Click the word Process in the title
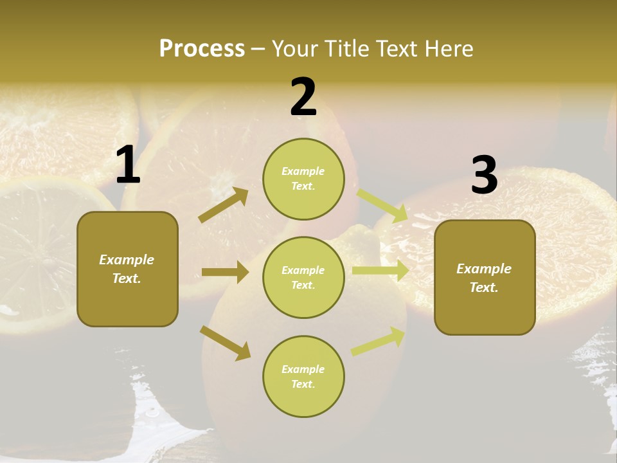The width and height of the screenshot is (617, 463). click(202, 48)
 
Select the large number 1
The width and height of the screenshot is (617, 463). click(128, 165)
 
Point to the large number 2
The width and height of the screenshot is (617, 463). click(303, 97)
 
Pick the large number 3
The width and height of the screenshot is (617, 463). click(484, 176)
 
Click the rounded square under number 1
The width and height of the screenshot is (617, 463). click(127, 269)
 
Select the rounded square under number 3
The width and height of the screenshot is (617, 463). click(485, 277)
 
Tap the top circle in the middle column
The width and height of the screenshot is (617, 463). click(303, 179)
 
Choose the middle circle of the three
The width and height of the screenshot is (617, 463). click(303, 277)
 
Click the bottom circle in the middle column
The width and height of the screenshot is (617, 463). click(303, 376)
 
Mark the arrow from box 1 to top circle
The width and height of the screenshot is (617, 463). click(223, 205)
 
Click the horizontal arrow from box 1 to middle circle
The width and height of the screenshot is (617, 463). click(225, 272)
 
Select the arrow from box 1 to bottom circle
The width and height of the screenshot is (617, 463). click(225, 342)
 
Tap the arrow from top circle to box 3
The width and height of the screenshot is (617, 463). click(382, 206)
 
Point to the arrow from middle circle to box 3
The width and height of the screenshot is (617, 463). click(380, 270)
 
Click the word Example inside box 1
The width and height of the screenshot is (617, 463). click(127, 260)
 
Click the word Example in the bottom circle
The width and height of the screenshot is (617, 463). click(303, 369)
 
